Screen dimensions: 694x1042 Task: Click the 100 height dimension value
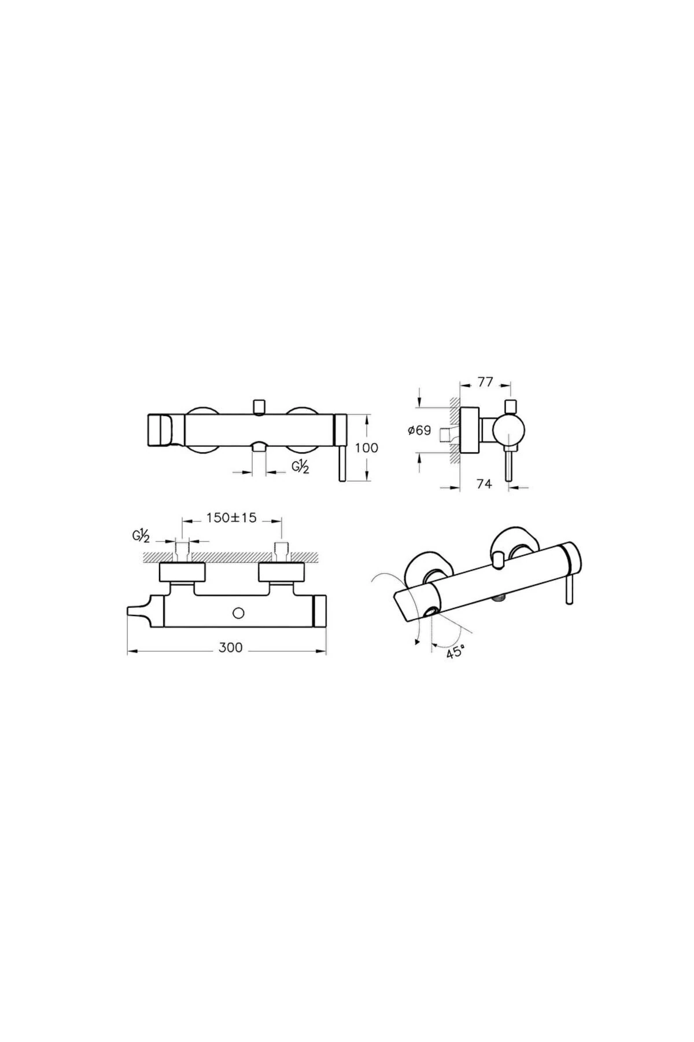[367, 448]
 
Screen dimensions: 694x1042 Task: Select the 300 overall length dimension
[231, 647]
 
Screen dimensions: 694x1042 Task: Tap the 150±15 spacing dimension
[232, 518]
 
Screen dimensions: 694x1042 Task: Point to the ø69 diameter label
[419, 431]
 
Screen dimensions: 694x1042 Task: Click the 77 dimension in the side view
[486, 382]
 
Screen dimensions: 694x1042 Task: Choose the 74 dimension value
[485, 484]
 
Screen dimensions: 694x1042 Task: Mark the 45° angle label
[455, 652]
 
